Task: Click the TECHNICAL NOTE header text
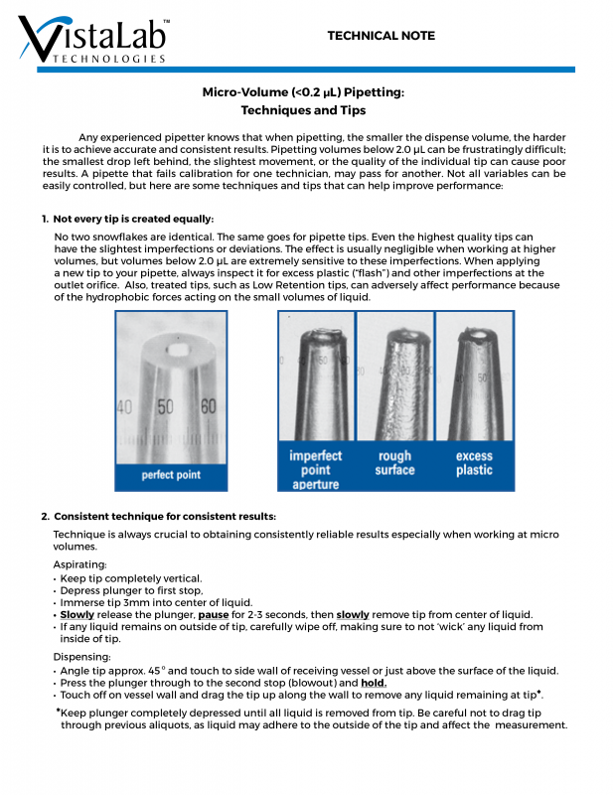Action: (x=381, y=36)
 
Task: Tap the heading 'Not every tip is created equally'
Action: (x=133, y=219)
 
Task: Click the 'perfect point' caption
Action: (x=171, y=475)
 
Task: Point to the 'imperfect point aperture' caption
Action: (x=315, y=470)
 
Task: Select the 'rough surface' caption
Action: (x=394, y=463)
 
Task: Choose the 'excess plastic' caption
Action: (x=474, y=463)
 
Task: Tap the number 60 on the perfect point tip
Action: (x=209, y=406)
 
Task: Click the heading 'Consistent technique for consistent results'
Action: (x=165, y=517)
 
